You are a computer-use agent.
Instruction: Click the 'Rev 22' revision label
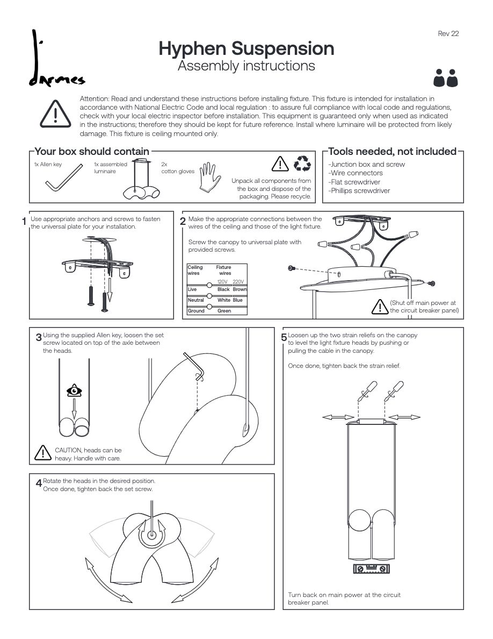pos(448,33)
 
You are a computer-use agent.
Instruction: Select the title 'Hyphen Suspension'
pos(246,48)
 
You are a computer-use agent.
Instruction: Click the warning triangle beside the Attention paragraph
pos(55,113)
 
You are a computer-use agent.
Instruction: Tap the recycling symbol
pos(302,164)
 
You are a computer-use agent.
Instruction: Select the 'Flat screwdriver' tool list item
pos(354,182)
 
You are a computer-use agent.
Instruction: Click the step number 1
pos(24,222)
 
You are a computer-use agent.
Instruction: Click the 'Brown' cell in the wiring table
pos(240,289)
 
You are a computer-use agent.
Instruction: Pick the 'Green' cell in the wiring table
pos(224,311)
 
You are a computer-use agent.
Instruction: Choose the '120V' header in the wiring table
pos(222,282)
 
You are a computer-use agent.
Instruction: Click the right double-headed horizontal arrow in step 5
pos(404,417)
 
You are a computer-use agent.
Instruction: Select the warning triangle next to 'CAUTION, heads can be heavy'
pos(42,453)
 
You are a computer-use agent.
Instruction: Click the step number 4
pos(39,483)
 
